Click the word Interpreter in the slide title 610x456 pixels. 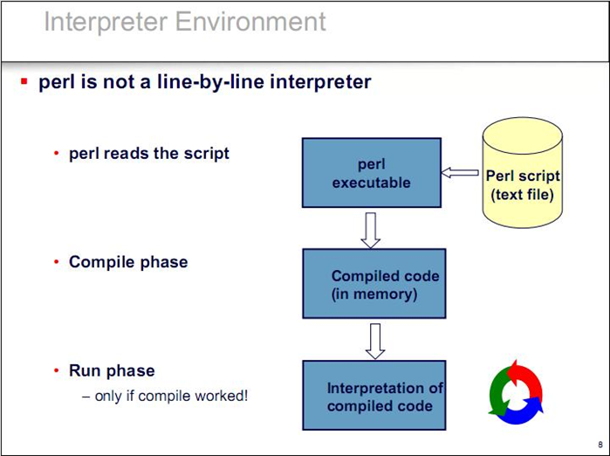106,22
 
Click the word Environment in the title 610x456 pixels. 250,21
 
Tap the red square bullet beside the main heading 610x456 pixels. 24,81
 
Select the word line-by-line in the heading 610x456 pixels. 210,82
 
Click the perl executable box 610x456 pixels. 372,172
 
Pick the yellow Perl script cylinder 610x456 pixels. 522,172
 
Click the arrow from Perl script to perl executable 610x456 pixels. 460,172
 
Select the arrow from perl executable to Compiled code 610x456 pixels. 370,230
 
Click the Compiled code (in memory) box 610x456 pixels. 374,284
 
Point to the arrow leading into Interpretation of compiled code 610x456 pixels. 375,341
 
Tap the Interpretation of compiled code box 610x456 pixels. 374,395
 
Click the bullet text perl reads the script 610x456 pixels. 149,154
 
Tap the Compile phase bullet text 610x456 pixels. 128,262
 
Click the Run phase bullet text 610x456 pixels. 112,370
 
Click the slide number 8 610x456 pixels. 600,445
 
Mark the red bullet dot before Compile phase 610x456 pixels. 57,262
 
